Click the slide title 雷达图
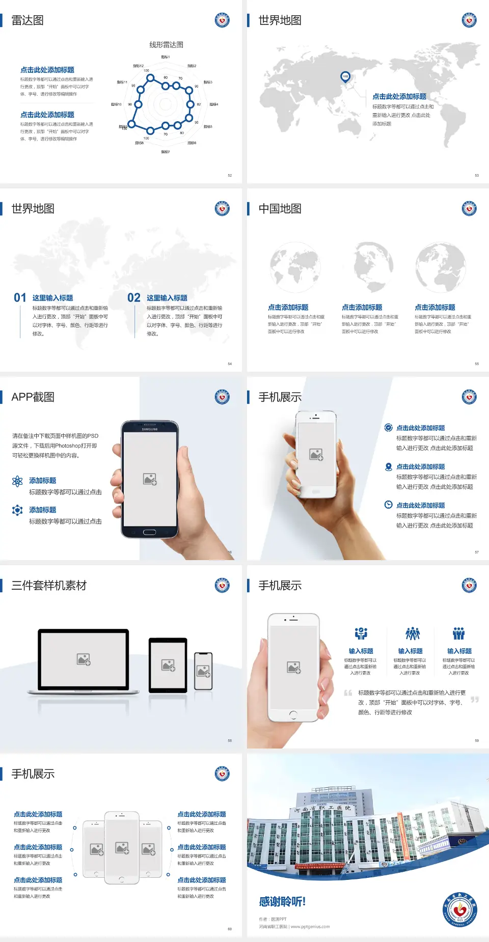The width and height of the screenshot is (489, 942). coord(28,20)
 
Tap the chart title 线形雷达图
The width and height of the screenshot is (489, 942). coord(166,45)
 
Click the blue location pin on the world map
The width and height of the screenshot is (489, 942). coord(345,76)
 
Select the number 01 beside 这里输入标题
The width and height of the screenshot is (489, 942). coord(20,298)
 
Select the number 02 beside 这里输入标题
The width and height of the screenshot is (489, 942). coord(134,298)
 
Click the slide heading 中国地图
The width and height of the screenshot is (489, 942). coord(280,209)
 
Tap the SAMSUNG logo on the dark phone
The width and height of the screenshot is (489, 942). coord(150,429)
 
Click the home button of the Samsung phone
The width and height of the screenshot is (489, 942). coord(149,532)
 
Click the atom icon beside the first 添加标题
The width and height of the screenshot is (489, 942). coord(17,481)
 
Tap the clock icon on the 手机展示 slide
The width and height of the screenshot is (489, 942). coord(388,505)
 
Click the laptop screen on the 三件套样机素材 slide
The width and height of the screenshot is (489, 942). coord(84,659)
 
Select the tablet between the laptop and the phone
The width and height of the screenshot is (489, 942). coord(168,664)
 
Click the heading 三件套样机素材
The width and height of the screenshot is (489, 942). coord(49,586)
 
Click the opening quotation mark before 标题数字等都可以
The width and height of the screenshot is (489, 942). coord(348,692)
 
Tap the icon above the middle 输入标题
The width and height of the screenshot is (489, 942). coord(412,633)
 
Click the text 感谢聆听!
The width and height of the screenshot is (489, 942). coord(282,902)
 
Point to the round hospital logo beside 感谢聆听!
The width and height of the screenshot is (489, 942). coord(459,909)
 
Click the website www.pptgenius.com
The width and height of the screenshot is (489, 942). coord(310,927)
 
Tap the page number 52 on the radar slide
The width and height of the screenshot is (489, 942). coord(230,175)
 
